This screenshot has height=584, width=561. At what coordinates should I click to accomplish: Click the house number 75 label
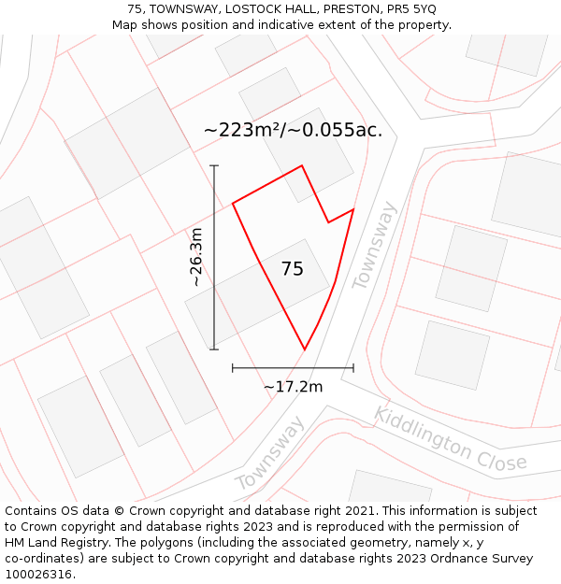(293, 269)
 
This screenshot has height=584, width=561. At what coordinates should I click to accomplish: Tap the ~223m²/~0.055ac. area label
(293, 130)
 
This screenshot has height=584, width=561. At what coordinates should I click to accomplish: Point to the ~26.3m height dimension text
(195, 257)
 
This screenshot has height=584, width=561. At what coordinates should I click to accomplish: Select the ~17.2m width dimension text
(293, 387)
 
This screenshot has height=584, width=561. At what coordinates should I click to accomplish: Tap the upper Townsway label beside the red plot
(375, 245)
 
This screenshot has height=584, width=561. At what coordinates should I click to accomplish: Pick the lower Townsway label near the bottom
(269, 455)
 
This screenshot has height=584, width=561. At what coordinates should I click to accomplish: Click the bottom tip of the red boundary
(305, 350)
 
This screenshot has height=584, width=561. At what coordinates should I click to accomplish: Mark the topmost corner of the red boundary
(302, 166)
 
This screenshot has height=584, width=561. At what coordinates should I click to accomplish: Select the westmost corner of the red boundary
(232, 203)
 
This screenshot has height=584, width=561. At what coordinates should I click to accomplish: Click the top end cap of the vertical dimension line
(214, 165)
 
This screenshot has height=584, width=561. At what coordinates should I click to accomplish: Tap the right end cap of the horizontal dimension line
(353, 368)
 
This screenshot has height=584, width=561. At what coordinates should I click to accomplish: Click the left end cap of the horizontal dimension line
(232, 368)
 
